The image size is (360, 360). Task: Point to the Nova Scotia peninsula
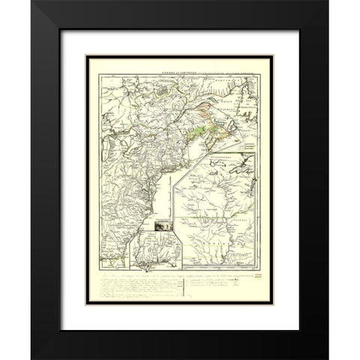217,126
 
